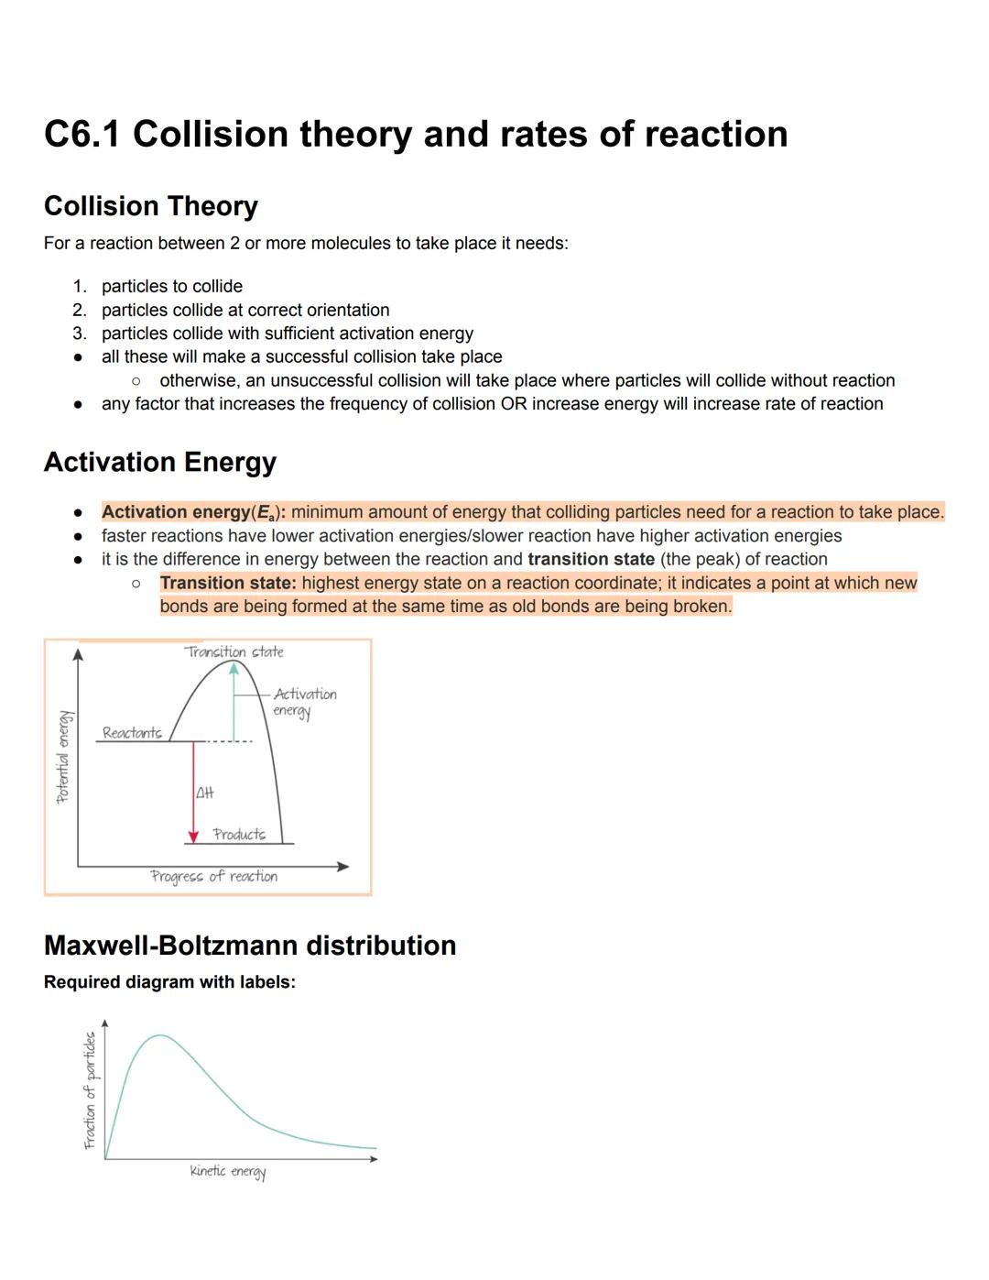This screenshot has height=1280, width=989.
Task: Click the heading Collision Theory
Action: point(150,206)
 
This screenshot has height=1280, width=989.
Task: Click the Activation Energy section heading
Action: point(159,462)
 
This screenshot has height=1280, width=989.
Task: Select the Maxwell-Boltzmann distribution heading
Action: point(250,945)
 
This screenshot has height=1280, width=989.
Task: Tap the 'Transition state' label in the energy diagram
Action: point(234,651)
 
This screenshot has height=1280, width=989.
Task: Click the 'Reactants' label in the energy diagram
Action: point(132,732)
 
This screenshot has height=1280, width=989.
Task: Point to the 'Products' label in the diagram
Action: point(239,834)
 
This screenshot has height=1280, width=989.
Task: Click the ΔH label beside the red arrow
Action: point(205,793)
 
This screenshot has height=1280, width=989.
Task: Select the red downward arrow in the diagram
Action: point(193,792)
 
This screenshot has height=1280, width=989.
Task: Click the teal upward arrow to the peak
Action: point(234,700)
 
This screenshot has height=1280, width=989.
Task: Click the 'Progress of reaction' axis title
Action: point(213,876)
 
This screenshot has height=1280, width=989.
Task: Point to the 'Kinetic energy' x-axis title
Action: point(227,1171)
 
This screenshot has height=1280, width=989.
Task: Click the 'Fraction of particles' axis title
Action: point(90,1090)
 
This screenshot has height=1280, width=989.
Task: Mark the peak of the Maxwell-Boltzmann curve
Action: point(160,1035)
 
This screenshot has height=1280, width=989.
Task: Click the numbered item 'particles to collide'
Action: point(171,286)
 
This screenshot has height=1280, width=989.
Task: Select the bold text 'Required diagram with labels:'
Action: point(169,982)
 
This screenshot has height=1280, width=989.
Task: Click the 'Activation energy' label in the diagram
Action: point(304,702)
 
